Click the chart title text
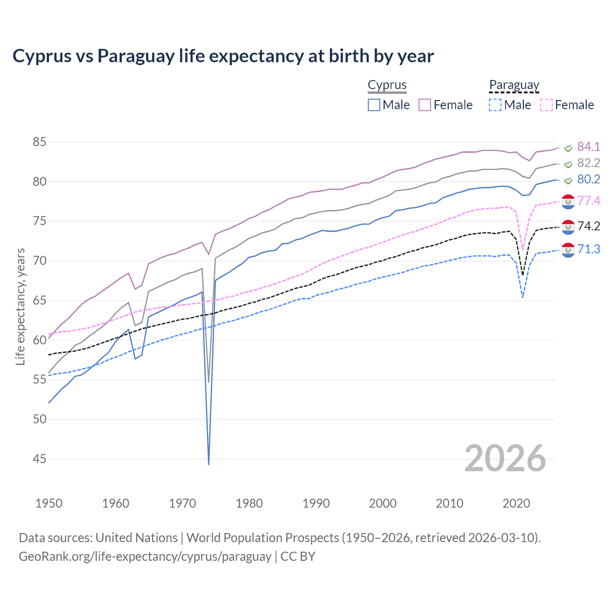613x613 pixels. click(223, 56)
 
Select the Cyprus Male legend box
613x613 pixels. click(374, 105)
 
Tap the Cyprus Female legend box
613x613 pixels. click(425, 105)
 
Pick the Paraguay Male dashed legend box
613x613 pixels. click(495, 105)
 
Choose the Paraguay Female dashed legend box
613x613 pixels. click(546, 105)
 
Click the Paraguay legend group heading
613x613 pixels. click(514, 85)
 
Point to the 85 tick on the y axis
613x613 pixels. click(39, 142)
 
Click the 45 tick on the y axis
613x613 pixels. click(39, 459)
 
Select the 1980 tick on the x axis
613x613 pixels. click(249, 503)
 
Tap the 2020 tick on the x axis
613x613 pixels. click(516, 503)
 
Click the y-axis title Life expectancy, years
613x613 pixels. click(20, 306)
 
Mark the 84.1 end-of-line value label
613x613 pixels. click(588, 147)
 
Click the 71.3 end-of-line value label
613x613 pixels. click(588, 249)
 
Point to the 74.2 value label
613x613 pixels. click(588, 226)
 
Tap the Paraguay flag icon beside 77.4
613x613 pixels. click(568, 202)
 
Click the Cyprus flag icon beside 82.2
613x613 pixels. click(568, 164)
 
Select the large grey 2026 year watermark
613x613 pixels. click(505, 458)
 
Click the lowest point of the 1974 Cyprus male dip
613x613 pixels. click(209, 464)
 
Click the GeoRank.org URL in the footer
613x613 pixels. click(145, 556)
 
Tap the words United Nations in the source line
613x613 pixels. click(136, 538)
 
